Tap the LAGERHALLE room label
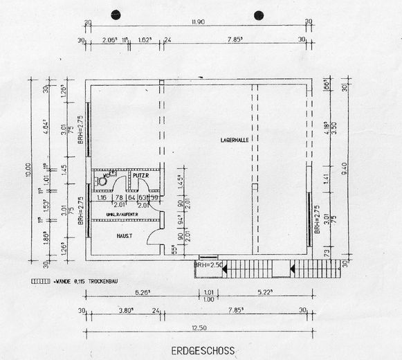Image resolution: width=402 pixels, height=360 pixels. (235, 140)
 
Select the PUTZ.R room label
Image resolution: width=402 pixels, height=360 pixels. (142, 177)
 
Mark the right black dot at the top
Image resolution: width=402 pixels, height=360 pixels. (259, 14)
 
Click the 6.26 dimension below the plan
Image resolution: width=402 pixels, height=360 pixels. (143, 291)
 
